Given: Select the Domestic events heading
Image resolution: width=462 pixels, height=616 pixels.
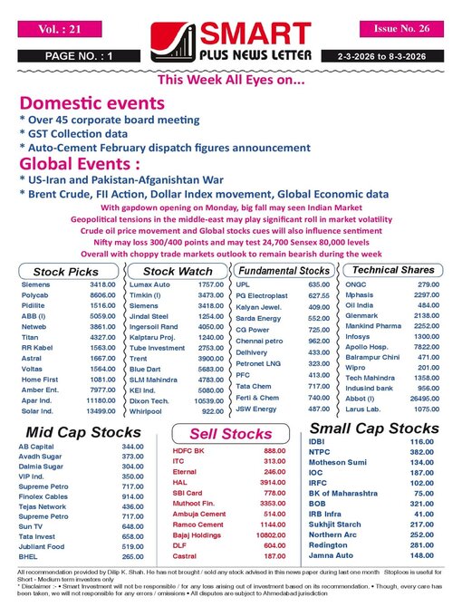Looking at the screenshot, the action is (85, 102).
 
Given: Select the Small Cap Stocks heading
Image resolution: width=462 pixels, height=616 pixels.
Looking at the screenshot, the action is (373, 428).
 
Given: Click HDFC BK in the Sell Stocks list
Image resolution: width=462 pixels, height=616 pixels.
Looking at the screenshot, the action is (188, 450).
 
